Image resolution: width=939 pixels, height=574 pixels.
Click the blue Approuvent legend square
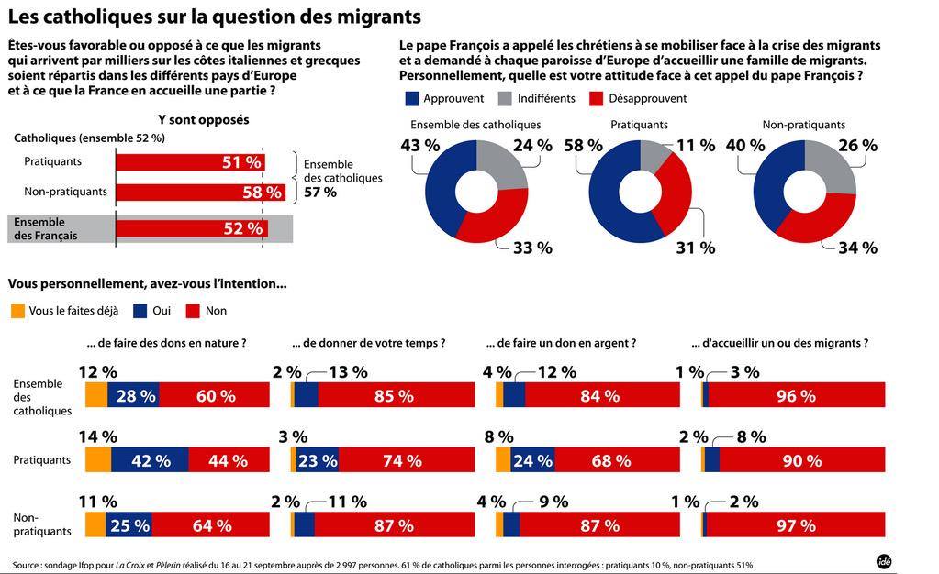tap(411, 98)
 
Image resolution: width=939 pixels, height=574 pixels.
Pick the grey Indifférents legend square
tap(505, 98)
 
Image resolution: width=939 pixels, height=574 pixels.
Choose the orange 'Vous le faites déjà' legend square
tap(17, 311)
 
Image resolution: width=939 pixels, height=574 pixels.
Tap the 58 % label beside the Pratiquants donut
tap(584, 146)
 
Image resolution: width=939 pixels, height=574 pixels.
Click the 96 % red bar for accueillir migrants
tap(797, 395)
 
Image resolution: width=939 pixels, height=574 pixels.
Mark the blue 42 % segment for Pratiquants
tap(150, 460)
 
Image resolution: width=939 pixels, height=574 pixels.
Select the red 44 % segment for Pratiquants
tap(229, 460)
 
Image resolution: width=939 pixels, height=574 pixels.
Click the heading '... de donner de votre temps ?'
tap(369, 343)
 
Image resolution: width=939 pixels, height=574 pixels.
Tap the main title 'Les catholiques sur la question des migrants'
tap(214, 17)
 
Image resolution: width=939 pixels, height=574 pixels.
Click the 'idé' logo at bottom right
tap(885, 561)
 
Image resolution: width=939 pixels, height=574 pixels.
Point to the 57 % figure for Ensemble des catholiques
tap(319, 193)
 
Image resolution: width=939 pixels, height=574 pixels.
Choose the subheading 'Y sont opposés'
tap(203, 119)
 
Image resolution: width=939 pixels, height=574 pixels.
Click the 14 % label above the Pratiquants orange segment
tap(98, 437)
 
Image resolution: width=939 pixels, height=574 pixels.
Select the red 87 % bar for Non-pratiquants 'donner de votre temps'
tap(395, 525)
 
